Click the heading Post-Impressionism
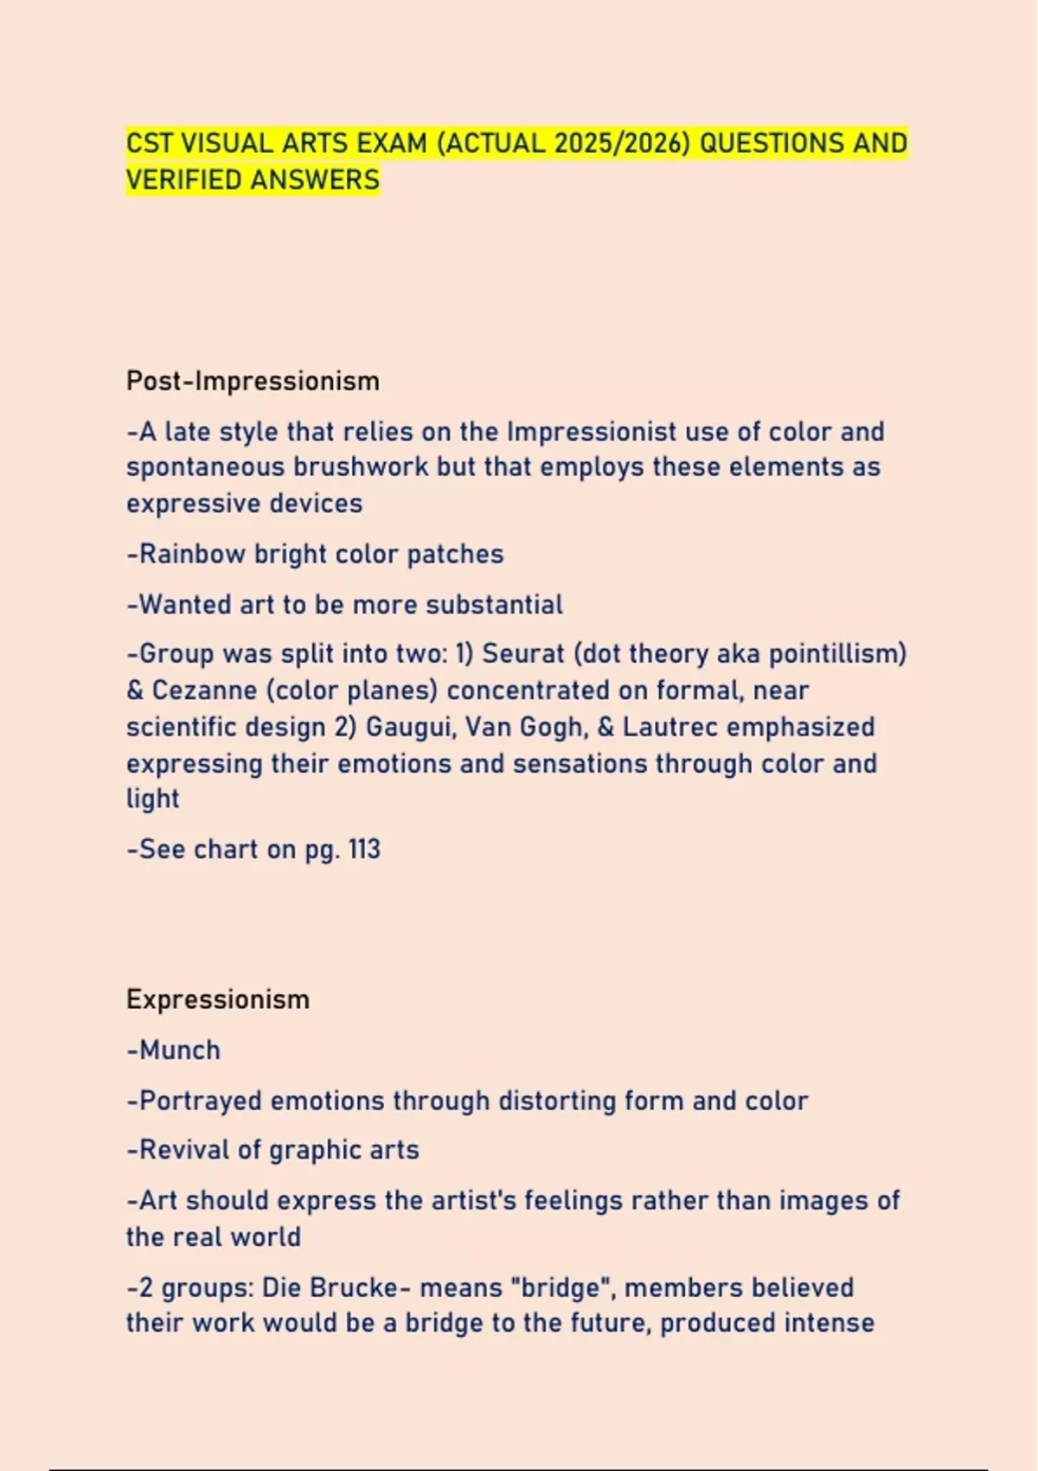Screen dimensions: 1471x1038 click(x=253, y=381)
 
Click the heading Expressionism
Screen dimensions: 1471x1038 click(x=218, y=999)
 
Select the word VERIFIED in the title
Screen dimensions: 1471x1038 click(x=183, y=180)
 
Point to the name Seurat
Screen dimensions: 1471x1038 click(x=522, y=653)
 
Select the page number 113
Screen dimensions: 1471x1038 click(x=364, y=850)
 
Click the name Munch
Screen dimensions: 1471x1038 click(x=179, y=1050)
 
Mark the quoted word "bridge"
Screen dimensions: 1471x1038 click(x=561, y=1288)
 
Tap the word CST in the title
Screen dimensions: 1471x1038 click(x=150, y=143)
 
